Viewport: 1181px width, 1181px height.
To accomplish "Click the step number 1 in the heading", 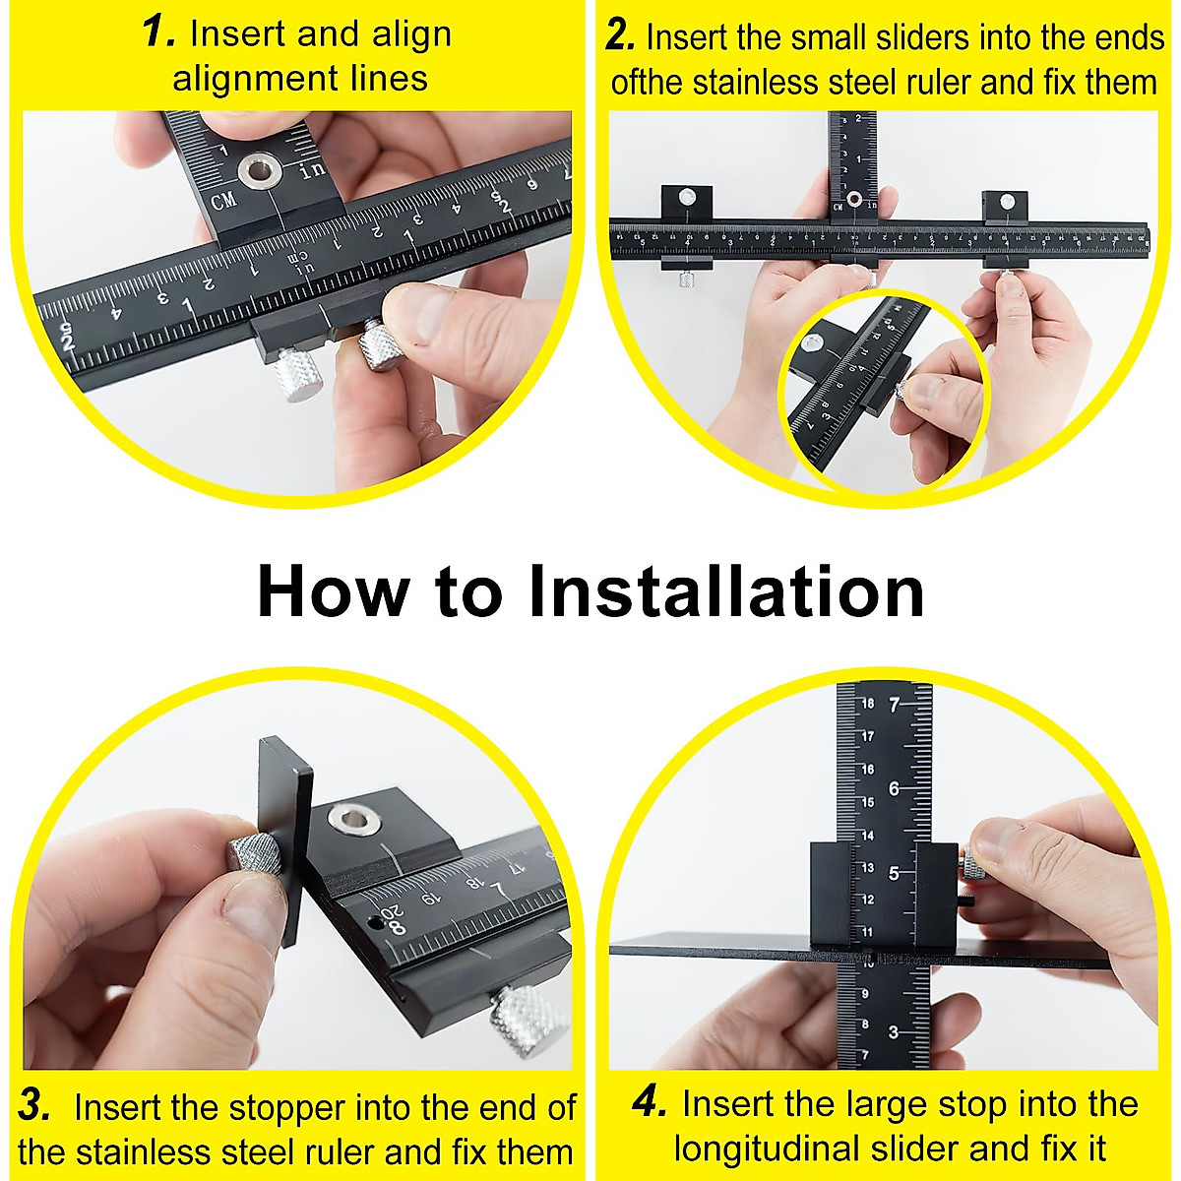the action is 158,33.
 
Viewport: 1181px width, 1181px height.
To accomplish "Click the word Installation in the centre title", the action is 726,592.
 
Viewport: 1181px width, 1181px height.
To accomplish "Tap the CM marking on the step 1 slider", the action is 224,201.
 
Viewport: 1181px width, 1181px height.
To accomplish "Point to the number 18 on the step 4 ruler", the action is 867,703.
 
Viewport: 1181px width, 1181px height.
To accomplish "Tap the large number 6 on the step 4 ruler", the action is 895,788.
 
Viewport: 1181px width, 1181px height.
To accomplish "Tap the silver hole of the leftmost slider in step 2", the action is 686,197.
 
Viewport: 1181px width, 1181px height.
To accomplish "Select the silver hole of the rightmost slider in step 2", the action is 1007,201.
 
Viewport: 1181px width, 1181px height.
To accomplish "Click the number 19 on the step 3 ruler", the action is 430,900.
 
